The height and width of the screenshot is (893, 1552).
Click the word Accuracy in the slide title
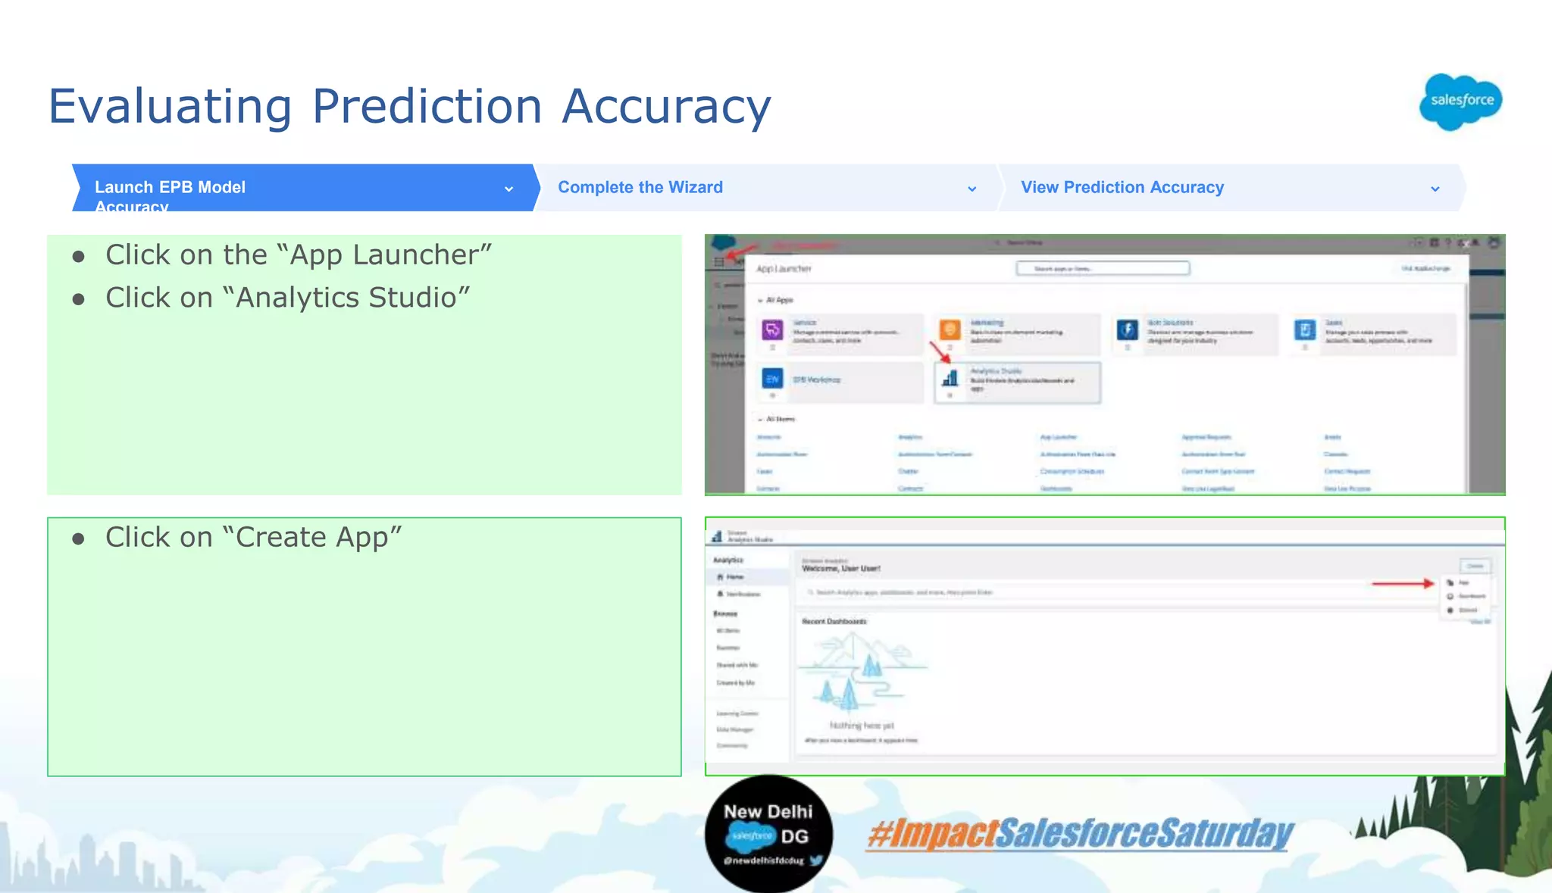[x=666, y=106]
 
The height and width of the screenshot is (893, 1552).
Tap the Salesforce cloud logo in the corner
[x=1460, y=101]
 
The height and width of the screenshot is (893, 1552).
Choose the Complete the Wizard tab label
[x=640, y=187]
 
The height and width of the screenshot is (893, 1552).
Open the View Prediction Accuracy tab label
[x=1122, y=187]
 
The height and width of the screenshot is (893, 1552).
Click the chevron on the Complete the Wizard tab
[x=972, y=189]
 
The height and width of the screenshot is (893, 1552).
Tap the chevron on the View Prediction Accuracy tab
[x=1435, y=189]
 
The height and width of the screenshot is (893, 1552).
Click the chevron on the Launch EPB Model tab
[x=508, y=189]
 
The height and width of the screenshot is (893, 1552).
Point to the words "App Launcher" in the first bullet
[x=390, y=255]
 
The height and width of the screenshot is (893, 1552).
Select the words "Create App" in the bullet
[x=318, y=537]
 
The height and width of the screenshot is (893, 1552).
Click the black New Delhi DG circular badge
[x=768, y=833]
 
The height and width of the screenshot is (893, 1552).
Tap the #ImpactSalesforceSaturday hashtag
[x=1080, y=833]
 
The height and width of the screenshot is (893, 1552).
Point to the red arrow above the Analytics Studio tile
[x=940, y=352]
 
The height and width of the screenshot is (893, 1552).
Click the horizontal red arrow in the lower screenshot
[x=1403, y=583]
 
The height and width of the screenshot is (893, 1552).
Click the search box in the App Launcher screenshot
[x=1102, y=268]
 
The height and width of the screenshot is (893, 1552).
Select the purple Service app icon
[x=772, y=330]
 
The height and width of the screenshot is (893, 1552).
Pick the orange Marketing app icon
[x=950, y=330]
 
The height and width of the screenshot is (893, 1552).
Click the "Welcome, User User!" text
[x=841, y=568]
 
